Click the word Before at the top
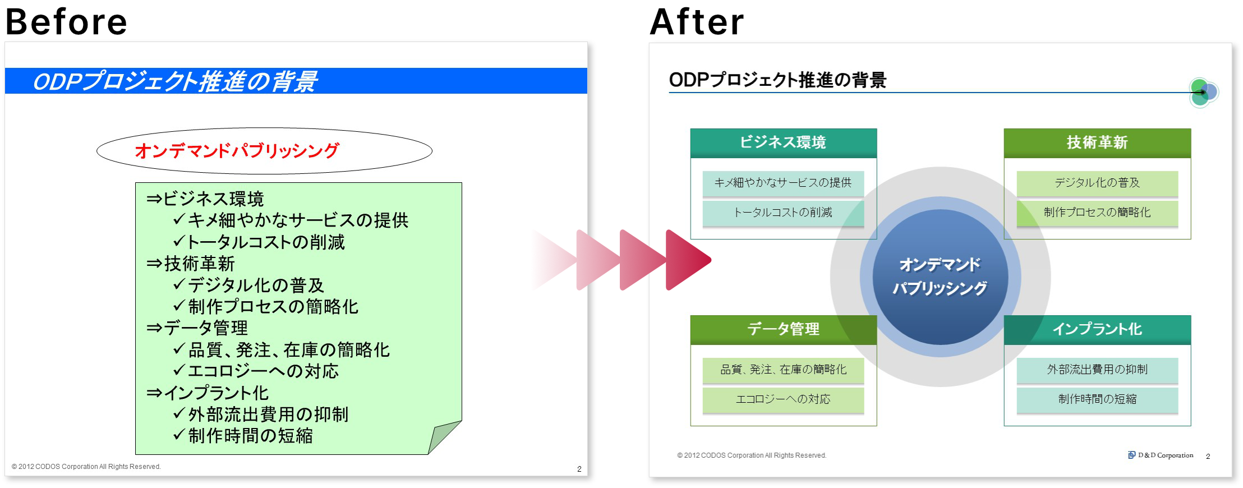coord(66,22)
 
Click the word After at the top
coord(697,22)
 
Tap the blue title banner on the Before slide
coord(296,81)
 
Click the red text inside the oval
coord(237,150)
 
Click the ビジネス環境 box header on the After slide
coord(784,142)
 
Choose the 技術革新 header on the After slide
coord(1097,142)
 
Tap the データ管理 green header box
coord(784,329)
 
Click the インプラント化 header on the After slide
coord(1097,329)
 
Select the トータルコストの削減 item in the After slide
coord(783,213)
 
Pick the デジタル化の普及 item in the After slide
coord(1097,183)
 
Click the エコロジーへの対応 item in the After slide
coord(783,399)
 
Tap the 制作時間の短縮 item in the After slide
coord(1097,399)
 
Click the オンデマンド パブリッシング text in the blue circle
coord(940,276)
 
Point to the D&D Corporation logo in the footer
coord(1161,455)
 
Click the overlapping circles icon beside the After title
coord(1204,93)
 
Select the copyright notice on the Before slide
coord(86,467)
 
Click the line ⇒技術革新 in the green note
coord(191,264)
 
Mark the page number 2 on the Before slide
coord(579,469)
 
